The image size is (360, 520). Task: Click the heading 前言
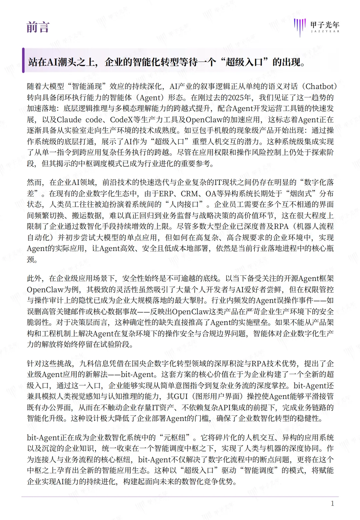click(38, 27)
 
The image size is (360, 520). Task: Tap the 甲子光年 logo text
click(325, 25)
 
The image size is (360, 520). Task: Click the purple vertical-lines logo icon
click(300, 27)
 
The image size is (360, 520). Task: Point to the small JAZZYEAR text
click(325, 31)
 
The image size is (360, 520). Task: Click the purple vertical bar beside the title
click(23, 60)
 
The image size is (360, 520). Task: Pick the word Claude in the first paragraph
click(69, 120)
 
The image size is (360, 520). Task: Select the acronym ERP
click(166, 194)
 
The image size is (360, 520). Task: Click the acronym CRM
click(189, 194)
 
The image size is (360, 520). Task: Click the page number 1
click(332, 504)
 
